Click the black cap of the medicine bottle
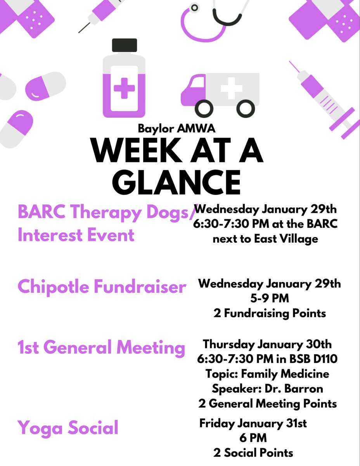click(x=124, y=45)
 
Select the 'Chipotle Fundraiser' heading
click(x=102, y=287)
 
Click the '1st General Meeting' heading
click(x=101, y=348)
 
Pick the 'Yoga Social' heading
click(x=68, y=428)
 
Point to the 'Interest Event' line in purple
click(x=76, y=235)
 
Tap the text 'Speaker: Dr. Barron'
click(x=267, y=389)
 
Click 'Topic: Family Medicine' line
click(x=267, y=374)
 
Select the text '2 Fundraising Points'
click(x=270, y=313)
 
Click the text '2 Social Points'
click(x=253, y=452)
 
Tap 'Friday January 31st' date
click(x=253, y=423)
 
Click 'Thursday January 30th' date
click(x=267, y=344)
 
